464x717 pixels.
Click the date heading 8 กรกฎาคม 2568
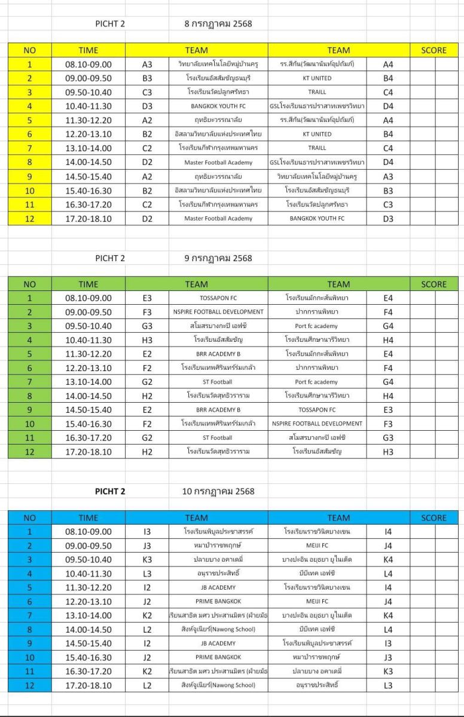(218, 24)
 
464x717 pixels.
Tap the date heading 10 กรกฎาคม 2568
(218, 492)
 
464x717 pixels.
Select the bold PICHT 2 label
(110, 492)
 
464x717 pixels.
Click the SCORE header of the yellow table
(434, 50)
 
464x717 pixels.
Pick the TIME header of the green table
(88, 284)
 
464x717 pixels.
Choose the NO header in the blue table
(29, 518)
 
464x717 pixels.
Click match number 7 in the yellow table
(29, 148)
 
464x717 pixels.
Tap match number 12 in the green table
(29, 452)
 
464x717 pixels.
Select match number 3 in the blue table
(29, 560)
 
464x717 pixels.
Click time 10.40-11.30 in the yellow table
(88, 106)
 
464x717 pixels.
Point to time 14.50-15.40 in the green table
(88, 410)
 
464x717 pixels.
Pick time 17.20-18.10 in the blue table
(88, 685)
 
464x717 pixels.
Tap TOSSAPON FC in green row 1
(218, 298)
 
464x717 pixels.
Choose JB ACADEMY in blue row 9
(218, 644)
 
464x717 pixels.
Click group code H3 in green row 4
(147, 340)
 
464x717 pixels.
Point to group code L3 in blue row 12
(388, 685)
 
